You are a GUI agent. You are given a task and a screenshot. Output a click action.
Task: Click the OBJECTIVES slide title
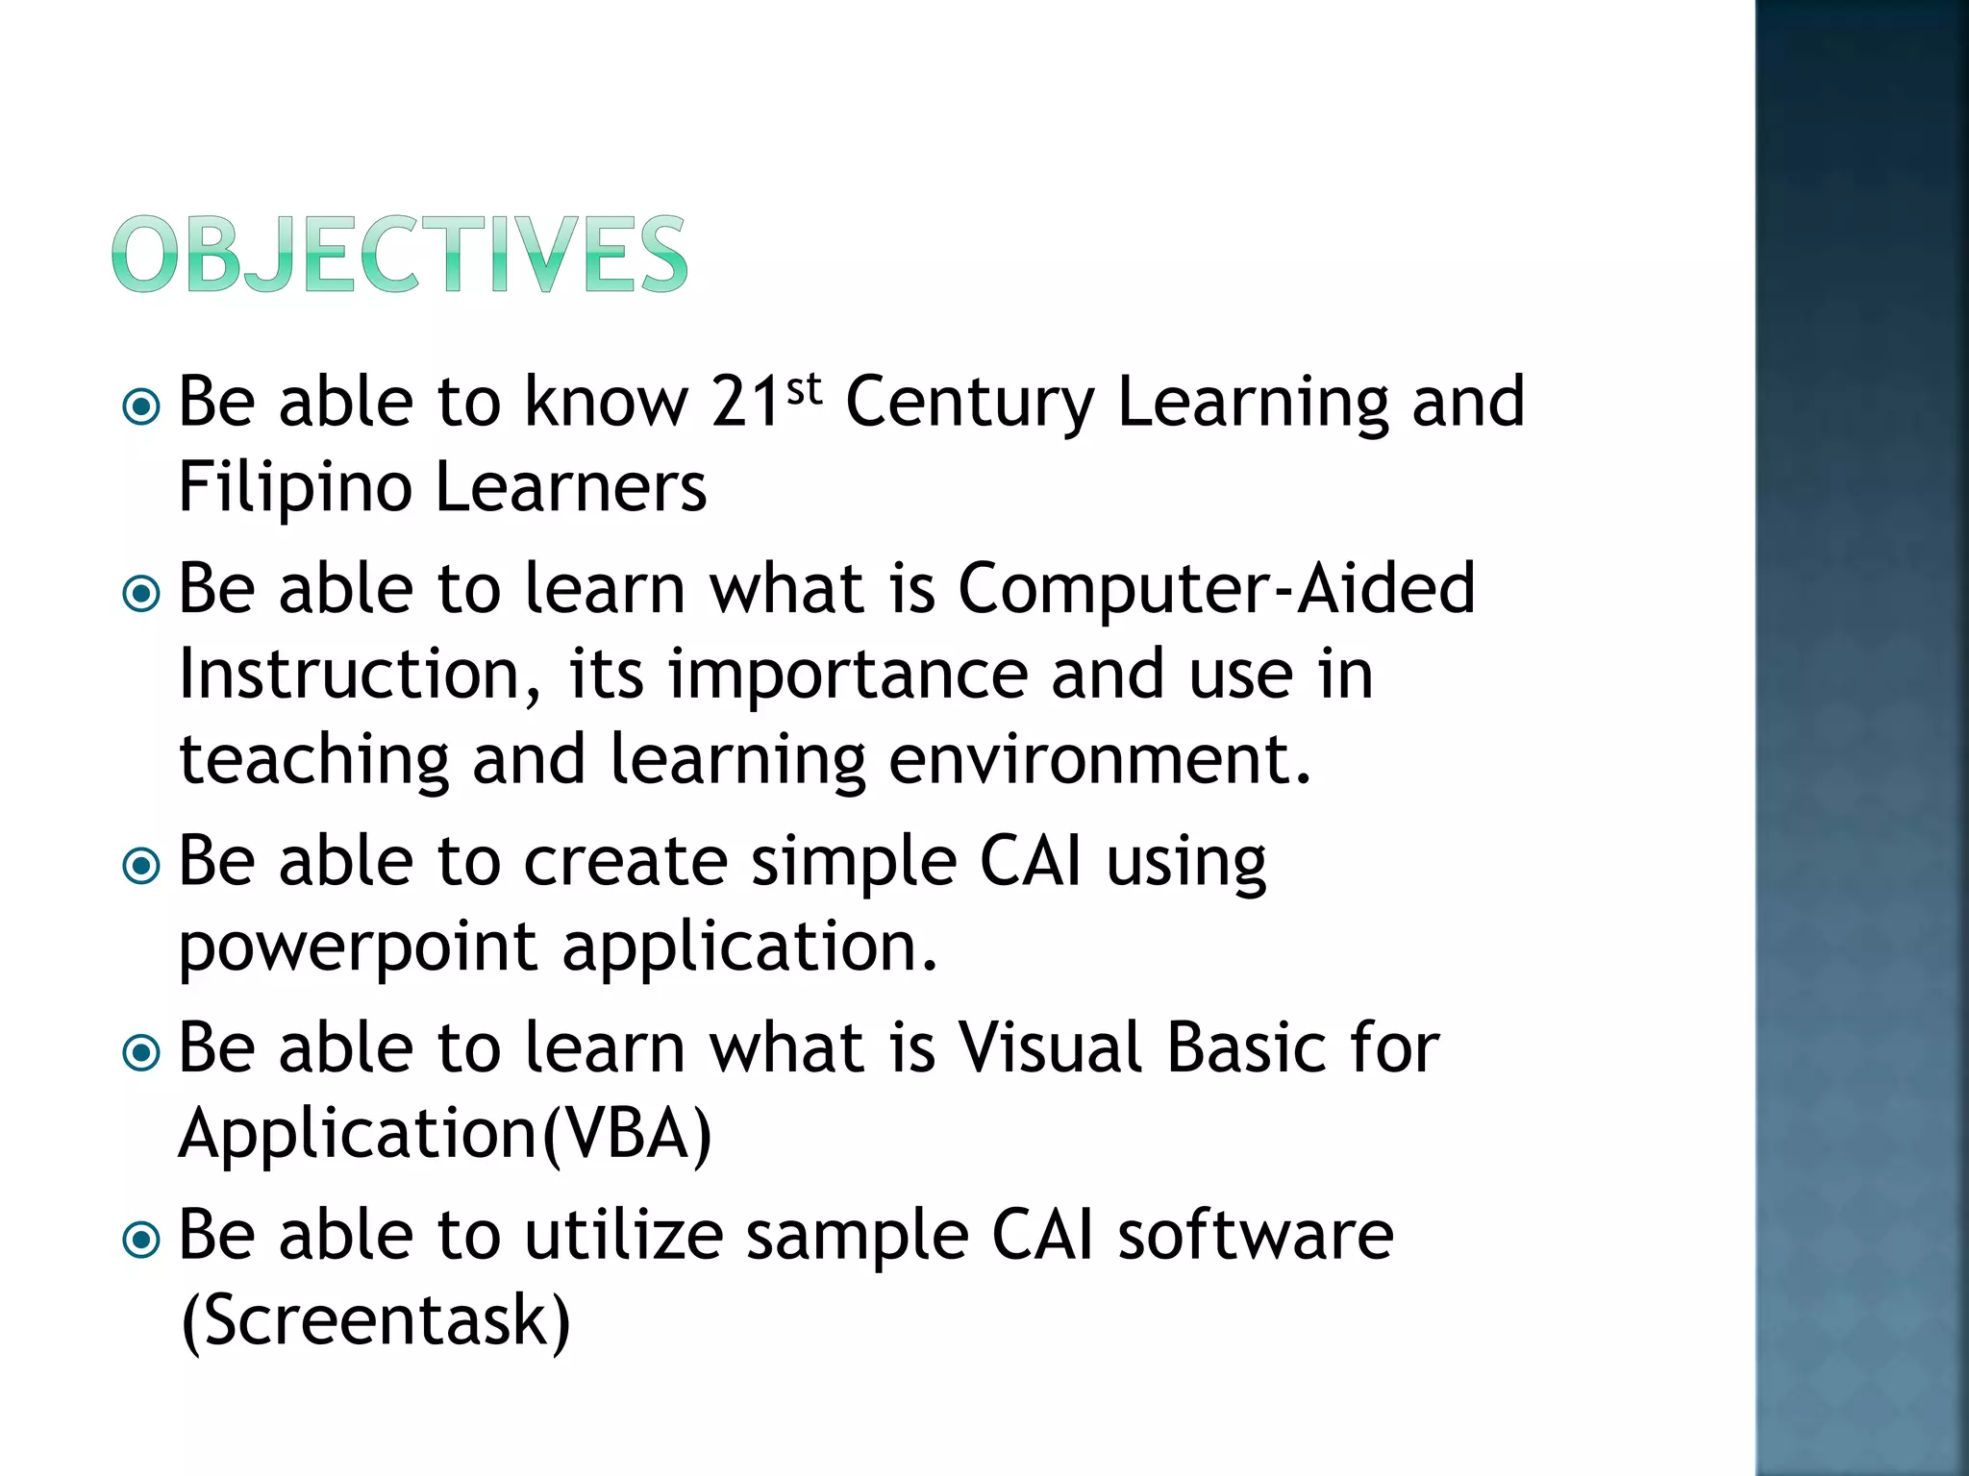click(399, 254)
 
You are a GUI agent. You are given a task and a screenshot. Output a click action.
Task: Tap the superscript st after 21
click(804, 389)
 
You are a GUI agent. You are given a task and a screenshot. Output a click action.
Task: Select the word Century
click(969, 404)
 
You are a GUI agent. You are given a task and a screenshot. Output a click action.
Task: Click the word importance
click(848, 675)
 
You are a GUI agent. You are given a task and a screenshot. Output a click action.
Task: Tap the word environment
click(1098, 760)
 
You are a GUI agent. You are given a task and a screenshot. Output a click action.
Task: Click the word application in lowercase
click(748, 947)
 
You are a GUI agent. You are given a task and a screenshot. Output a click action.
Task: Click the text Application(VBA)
click(445, 1134)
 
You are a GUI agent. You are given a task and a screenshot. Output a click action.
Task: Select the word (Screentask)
click(375, 1320)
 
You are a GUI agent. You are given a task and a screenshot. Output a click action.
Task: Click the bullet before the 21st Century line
click(142, 407)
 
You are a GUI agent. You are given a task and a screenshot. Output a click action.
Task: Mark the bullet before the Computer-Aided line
click(142, 594)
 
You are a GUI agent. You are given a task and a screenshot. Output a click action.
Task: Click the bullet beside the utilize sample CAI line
click(142, 1241)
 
